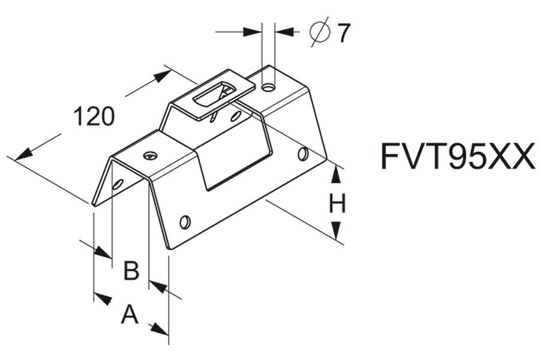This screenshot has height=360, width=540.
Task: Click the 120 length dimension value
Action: [x=94, y=116]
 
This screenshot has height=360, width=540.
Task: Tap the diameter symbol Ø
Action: [x=320, y=32]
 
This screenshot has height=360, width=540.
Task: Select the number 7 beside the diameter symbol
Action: [x=343, y=33]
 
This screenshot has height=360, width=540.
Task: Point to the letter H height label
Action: [x=337, y=205]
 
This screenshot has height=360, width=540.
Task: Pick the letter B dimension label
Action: [x=131, y=271]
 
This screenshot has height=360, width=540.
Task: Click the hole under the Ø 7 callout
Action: [x=268, y=88]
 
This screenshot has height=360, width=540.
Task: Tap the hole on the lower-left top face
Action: [x=149, y=156]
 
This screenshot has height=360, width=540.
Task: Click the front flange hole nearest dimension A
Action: [x=185, y=221]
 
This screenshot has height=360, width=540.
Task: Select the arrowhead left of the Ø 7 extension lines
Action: [x=252, y=31]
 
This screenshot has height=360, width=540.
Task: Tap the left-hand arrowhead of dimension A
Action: [x=103, y=298]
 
